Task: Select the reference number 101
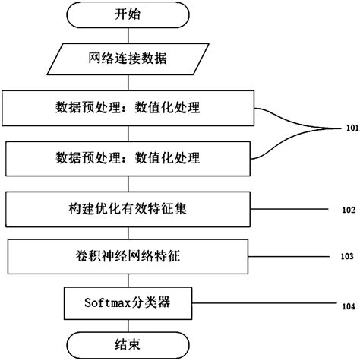coord(347,128)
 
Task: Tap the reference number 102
coord(347,207)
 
